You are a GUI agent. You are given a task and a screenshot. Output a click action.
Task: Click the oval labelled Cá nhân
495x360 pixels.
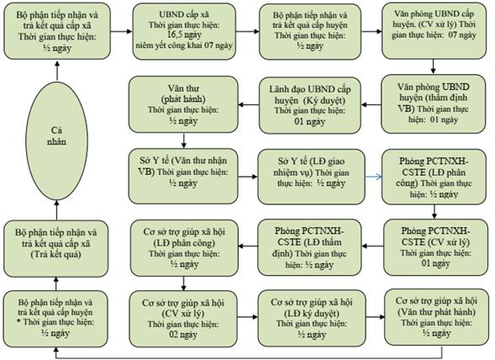pyautogui.click(x=56, y=140)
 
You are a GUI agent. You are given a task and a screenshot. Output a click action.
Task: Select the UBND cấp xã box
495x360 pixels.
pyautogui.click(x=184, y=31)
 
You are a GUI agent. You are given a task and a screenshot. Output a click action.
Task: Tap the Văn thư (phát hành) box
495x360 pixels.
pyautogui.click(x=183, y=104)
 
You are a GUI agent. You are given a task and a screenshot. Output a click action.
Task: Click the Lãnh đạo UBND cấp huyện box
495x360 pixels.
pyautogui.click(x=310, y=106)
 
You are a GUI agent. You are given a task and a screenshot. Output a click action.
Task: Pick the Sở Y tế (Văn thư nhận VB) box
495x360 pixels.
pyautogui.click(x=183, y=176)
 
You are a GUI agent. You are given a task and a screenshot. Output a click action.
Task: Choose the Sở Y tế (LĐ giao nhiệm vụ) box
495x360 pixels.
pyautogui.click(x=311, y=177)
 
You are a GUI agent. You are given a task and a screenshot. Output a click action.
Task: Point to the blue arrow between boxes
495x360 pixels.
pyautogui.click(x=373, y=177)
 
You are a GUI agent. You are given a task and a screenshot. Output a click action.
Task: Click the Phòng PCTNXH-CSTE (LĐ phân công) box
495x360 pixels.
pyautogui.click(x=434, y=177)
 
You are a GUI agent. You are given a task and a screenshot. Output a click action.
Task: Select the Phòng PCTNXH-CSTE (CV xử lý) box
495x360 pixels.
pyautogui.click(x=435, y=247)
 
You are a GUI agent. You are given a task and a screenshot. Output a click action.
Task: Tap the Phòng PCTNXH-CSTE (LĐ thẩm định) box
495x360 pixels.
pyautogui.click(x=309, y=247)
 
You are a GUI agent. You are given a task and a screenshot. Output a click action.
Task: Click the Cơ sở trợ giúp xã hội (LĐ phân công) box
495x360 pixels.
pyautogui.click(x=184, y=248)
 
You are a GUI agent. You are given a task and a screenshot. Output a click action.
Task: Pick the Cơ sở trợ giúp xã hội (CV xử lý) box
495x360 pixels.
pyautogui.click(x=183, y=319)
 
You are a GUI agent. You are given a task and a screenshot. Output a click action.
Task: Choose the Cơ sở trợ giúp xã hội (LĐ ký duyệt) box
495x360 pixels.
pyautogui.click(x=312, y=319)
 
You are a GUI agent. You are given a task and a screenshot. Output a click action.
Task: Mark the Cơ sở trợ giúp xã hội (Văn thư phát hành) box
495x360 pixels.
pyautogui.click(x=437, y=317)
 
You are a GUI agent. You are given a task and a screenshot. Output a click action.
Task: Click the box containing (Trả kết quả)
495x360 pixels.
pyautogui.click(x=55, y=248)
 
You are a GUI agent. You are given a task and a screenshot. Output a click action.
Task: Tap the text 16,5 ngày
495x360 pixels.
pyautogui.click(x=184, y=34)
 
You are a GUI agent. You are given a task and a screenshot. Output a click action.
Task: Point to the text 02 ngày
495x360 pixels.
pyautogui.click(x=183, y=335)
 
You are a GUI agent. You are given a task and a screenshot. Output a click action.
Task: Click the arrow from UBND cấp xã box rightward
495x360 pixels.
pyautogui.click(x=247, y=31)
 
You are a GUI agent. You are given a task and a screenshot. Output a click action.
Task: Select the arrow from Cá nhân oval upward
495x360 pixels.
pyautogui.click(x=57, y=71)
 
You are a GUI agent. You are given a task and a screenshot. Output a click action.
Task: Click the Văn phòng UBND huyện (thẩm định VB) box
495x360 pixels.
pyautogui.click(x=433, y=103)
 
